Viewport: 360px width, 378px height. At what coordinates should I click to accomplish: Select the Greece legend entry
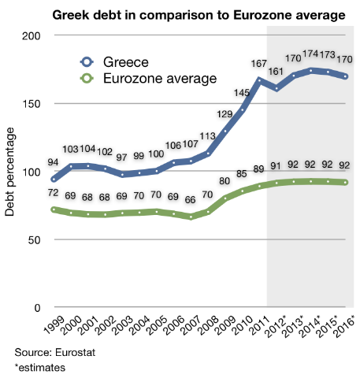pyautogui.click(x=121, y=61)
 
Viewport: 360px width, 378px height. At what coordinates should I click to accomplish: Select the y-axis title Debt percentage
pyautogui.click(x=10, y=172)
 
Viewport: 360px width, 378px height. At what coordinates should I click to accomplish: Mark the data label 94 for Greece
pyautogui.click(x=54, y=162)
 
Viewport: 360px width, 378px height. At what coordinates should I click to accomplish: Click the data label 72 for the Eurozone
pyautogui.click(x=54, y=193)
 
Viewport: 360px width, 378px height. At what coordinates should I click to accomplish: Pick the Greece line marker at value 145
pyautogui.click(x=243, y=109)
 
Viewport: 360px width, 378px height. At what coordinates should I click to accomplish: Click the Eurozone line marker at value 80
pyautogui.click(x=226, y=198)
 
